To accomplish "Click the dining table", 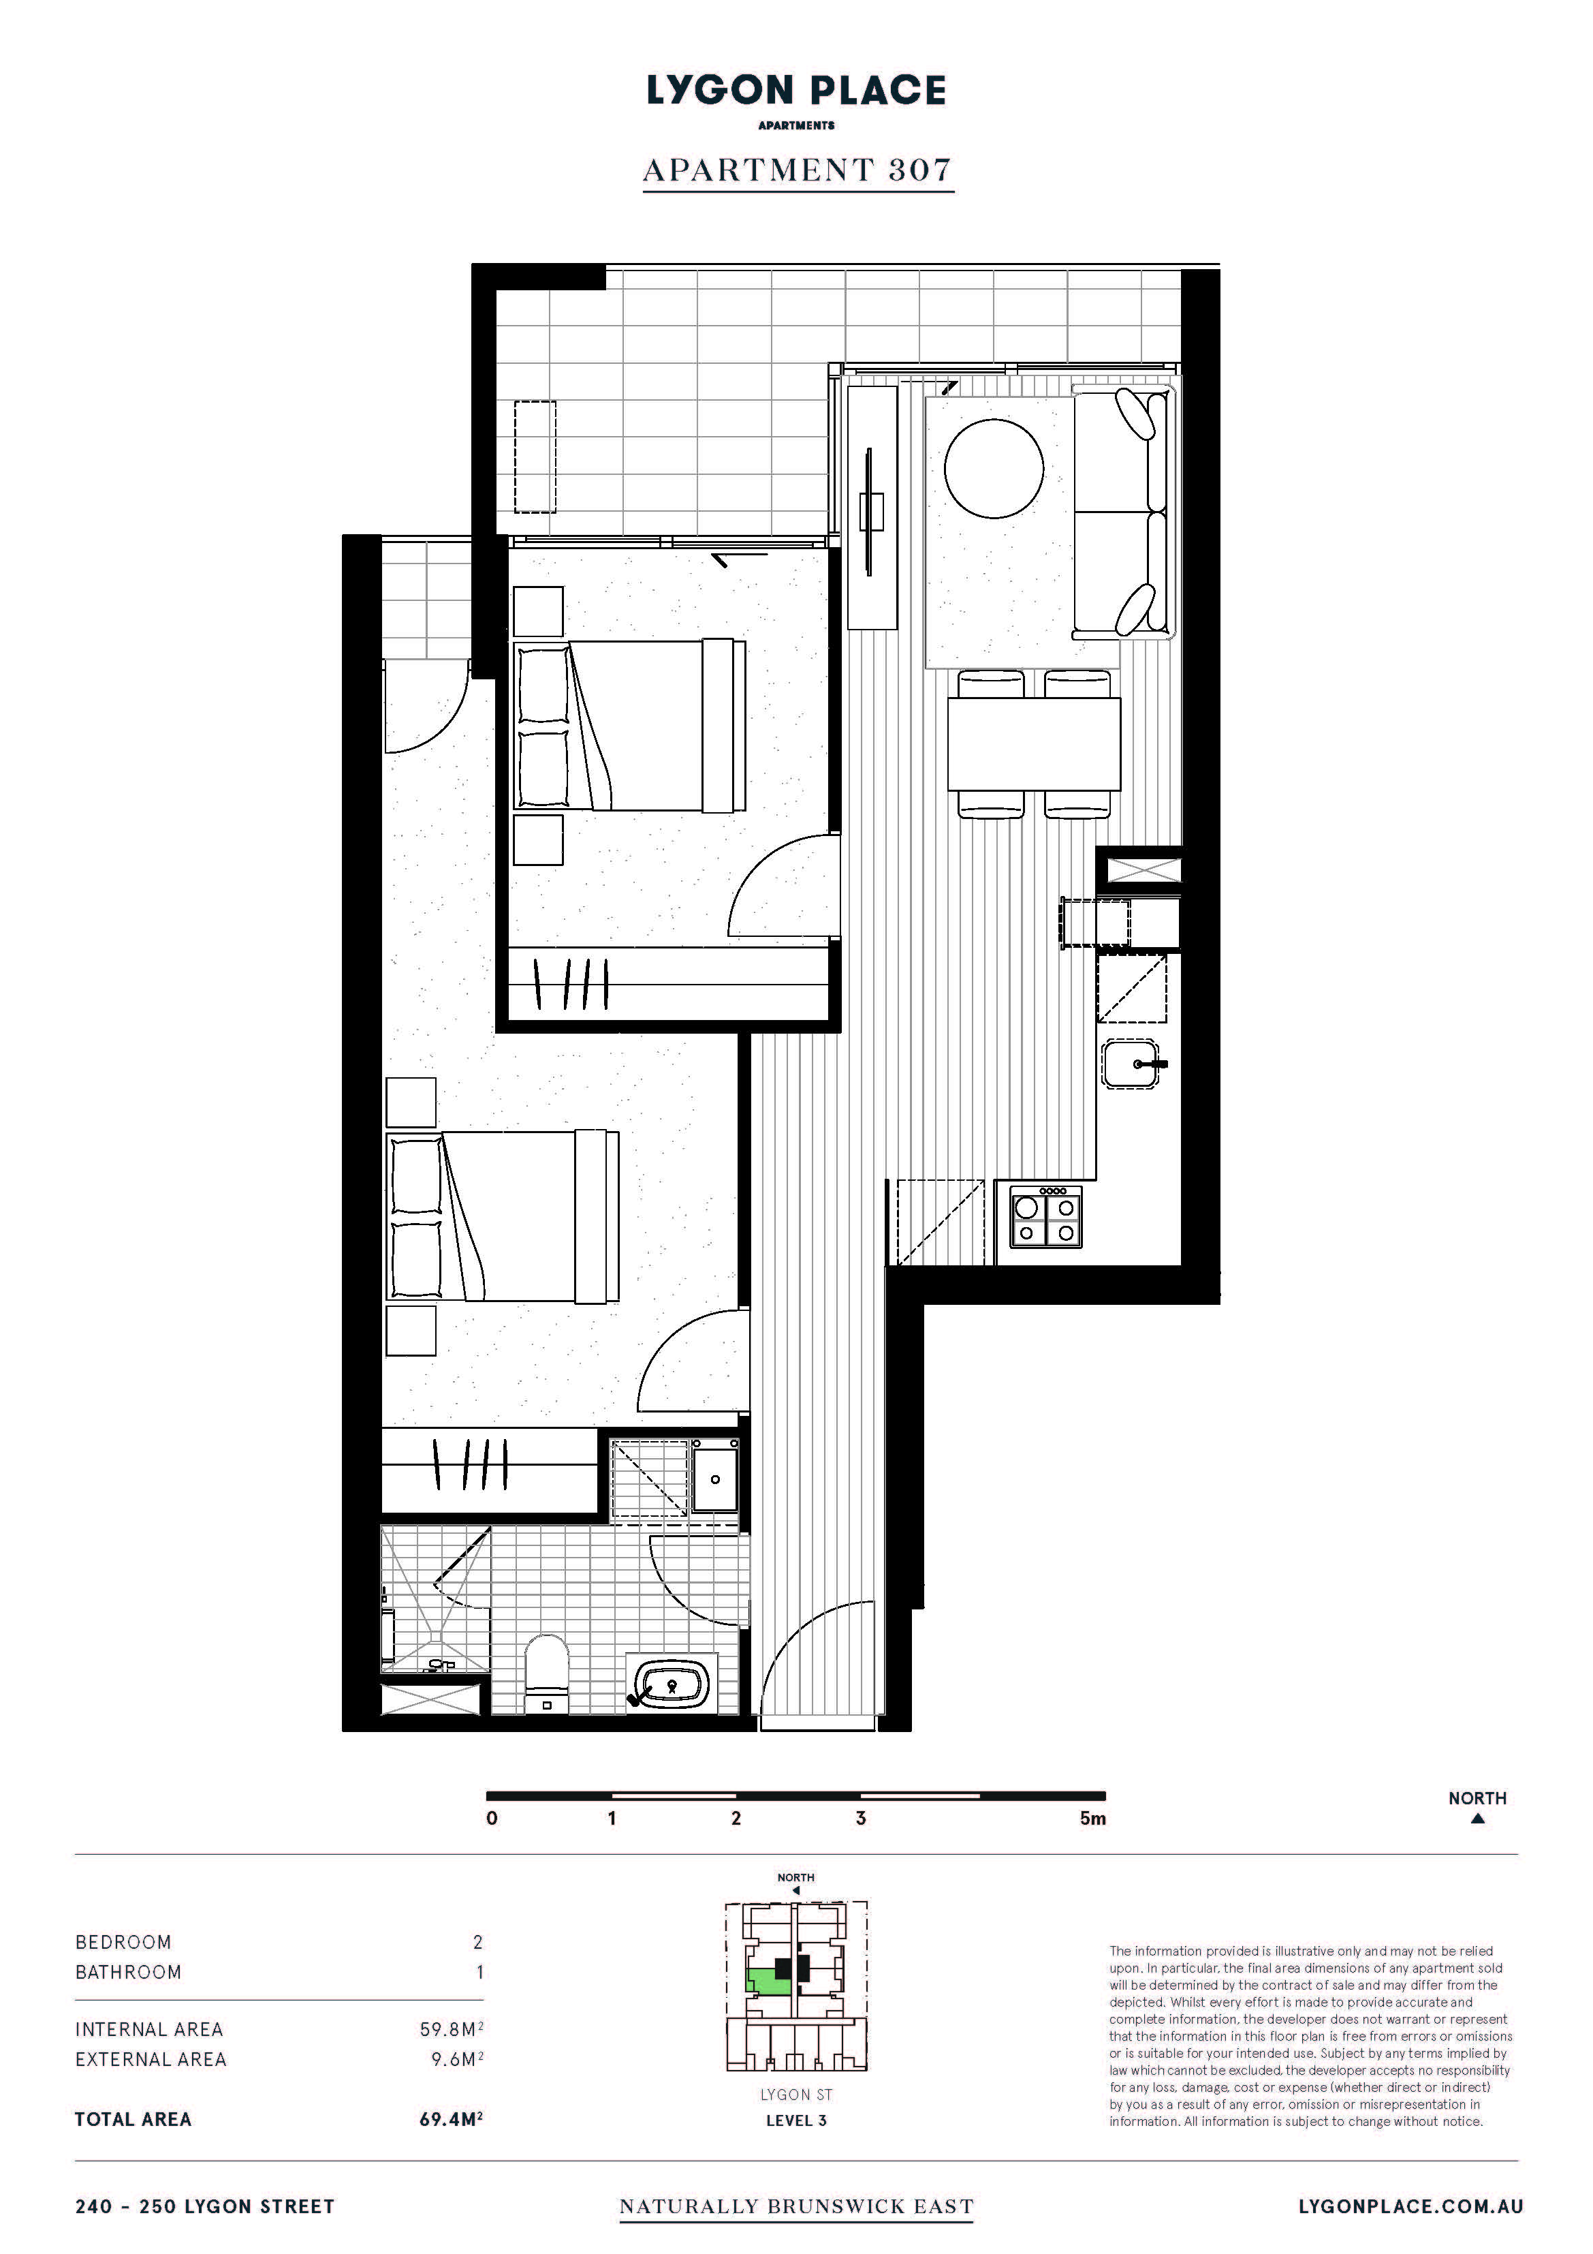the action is (x=1034, y=743).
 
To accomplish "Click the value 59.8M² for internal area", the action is (x=452, y=2028).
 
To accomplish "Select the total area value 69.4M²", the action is (x=452, y=2118).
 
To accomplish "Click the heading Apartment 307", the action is (x=797, y=170).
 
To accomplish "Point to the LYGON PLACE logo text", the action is (x=796, y=91).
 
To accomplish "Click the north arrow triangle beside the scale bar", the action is (x=1477, y=1818).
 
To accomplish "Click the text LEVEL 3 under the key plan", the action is (x=796, y=2120).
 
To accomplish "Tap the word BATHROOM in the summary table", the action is (x=129, y=1972).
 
